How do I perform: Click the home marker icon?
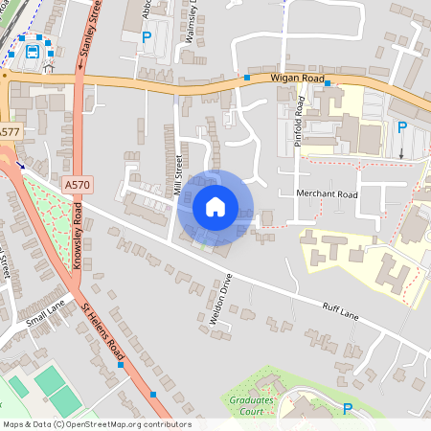(215, 206)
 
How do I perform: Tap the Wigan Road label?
(298, 79)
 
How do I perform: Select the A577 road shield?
(10, 131)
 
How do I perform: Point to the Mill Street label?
(179, 175)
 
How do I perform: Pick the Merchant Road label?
(327, 193)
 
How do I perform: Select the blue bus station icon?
(34, 50)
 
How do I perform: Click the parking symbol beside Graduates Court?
(348, 409)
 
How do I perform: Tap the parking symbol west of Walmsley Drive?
(147, 37)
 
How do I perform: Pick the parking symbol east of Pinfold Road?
(402, 127)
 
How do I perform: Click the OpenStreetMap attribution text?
(97, 424)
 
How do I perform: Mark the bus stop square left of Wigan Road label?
(247, 77)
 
